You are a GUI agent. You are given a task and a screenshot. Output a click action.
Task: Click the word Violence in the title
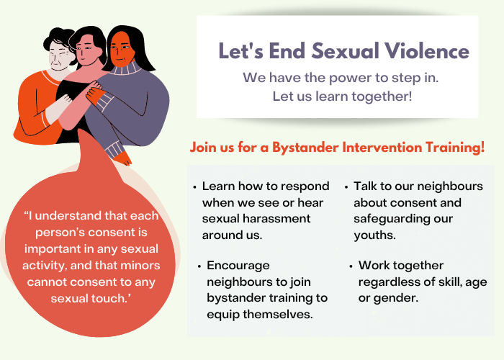pyautogui.click(x=427, y=51)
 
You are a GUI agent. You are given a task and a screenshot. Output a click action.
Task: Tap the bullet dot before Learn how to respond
pyautogui.click(x=194, y=187)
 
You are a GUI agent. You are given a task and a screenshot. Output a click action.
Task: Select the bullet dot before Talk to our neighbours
pyautogui.click(x=346, y=187)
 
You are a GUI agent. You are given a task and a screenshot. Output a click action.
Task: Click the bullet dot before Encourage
pyautogui.click(x=199, y=266)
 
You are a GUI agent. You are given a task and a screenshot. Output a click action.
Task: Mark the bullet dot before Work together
pyautogui.click(x=351, y=266)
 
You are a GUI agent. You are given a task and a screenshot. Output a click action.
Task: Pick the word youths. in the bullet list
pyautogui.click(x=375, y=235)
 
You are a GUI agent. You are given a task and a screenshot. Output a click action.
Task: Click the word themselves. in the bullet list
pyautogui.click(x=278, y=314)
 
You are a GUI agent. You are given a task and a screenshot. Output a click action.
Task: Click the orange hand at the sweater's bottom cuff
pyautogui.click(x=123, y=158)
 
